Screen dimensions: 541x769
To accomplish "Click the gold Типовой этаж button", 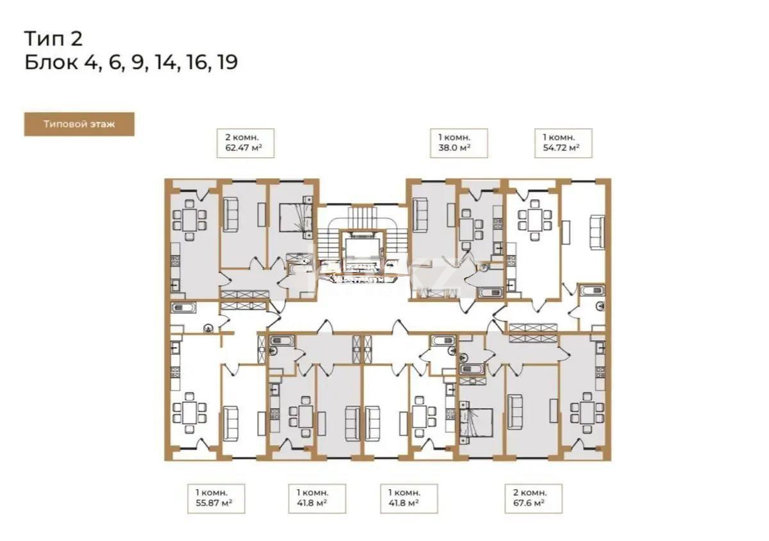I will tap(79, 124).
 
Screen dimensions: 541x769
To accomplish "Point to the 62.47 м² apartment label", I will tap(245, 143).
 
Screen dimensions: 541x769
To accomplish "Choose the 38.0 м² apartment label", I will tap(458, 143).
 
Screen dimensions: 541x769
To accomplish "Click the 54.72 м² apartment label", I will tap(563, 143).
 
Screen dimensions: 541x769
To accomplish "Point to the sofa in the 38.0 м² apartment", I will tap(422, 215).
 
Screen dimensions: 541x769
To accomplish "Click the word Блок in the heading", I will tap(52, 63).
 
